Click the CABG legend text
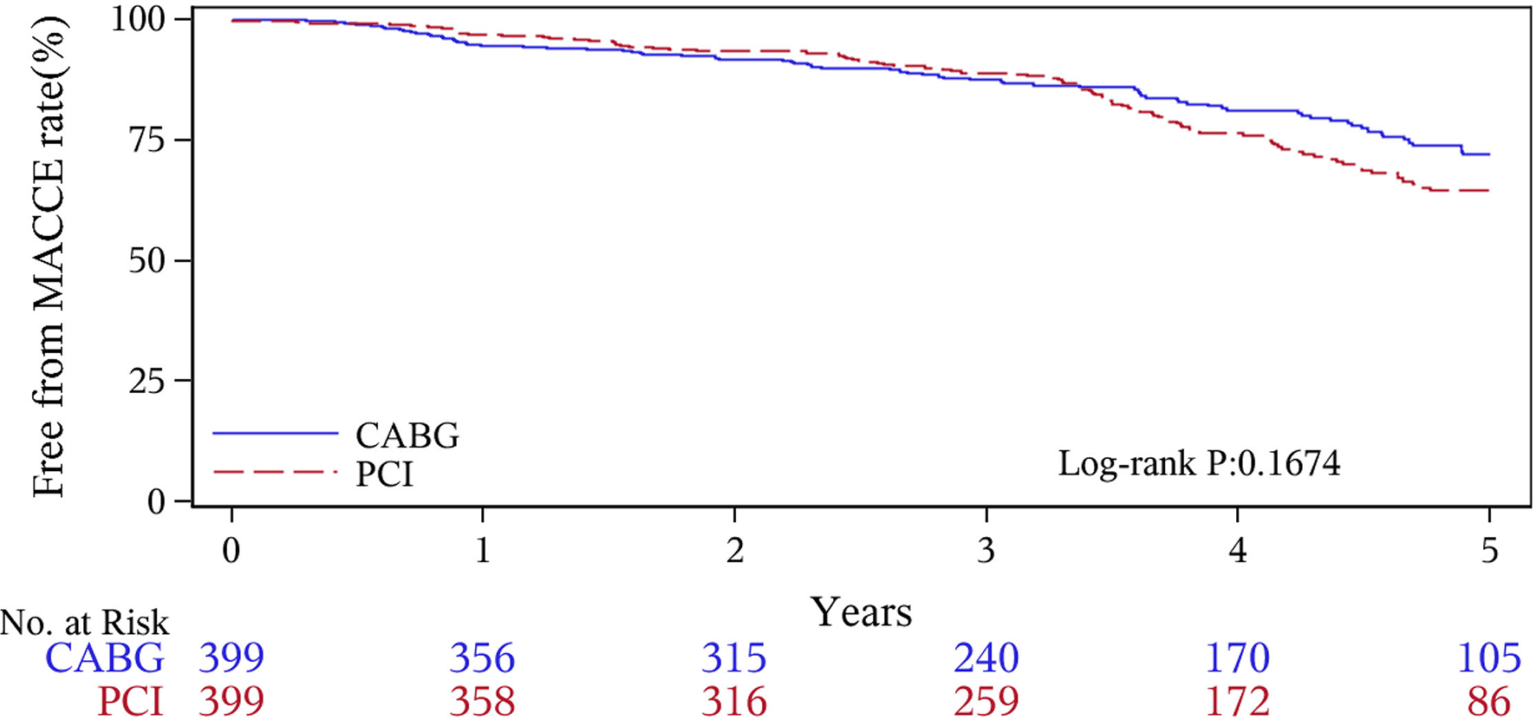point(407,435)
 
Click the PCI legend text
point(385,475)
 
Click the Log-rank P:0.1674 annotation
point(1199,463)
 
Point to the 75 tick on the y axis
point(146,140)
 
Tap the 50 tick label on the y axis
point(146,260)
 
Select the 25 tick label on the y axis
point(146,381)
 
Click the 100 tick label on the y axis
point(139,19)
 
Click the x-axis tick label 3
point(986,550)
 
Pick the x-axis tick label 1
point(483,550)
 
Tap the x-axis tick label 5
point(1489,550)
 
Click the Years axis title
point(861,612)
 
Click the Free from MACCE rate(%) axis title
point(49,259)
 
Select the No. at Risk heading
point(85,623)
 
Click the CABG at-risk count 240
point(986,658)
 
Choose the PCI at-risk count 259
point(986,701)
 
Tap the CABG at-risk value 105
point(1488,658)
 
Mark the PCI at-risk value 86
point(1488,701)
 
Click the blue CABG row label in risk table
point(104,658)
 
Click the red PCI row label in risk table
point(130,701)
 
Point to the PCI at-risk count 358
point(482,701)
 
